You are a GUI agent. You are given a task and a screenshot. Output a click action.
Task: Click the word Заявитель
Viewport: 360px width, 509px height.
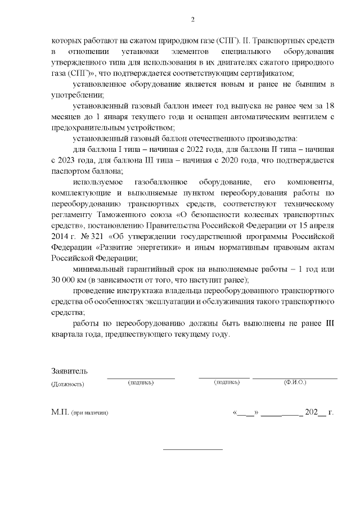pos(69,372)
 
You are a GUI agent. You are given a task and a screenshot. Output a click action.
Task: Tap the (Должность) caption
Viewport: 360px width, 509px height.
pos(67,384)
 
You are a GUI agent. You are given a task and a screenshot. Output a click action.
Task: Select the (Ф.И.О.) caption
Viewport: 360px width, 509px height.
pos(295,382)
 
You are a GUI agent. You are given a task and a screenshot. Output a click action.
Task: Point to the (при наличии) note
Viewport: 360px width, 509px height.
pos(89,413)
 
